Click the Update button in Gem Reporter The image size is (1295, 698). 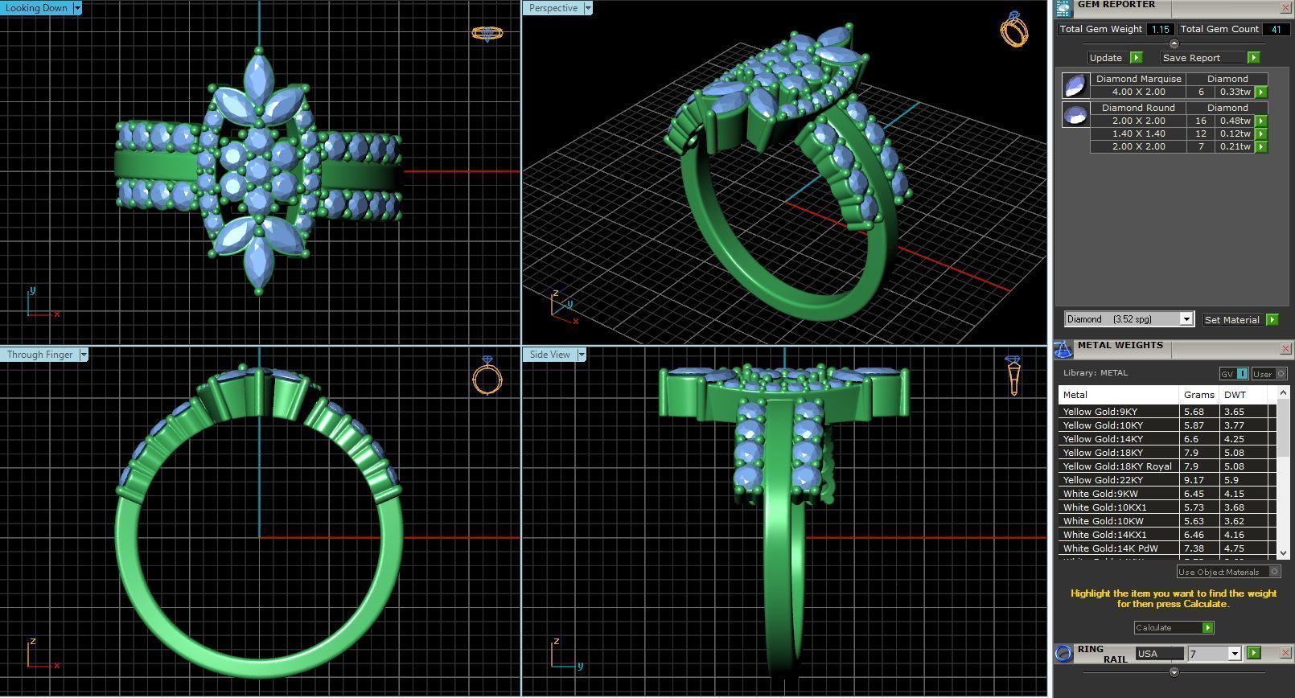click(x=1106, y=58)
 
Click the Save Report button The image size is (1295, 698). click(x=1191, y=58)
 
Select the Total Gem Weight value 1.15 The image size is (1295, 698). click(x=1159, y=29)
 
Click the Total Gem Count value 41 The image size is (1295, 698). click(x=1275, y=29)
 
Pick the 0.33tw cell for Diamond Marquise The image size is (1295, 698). click(x=1235, y=92)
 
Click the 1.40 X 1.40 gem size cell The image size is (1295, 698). click(x=1138, y=133)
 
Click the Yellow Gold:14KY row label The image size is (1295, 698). click(x=1103, y=439)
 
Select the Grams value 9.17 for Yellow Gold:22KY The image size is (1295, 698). click(x=1194, y=480)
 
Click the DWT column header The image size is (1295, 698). click(x=1235, y=395)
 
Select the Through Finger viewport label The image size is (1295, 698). click(x=39, y=355)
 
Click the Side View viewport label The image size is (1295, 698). click(x=549, y=355)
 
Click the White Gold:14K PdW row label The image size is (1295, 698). click(x=1110, y=548)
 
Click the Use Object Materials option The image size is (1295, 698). click(x=1219, y=572)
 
